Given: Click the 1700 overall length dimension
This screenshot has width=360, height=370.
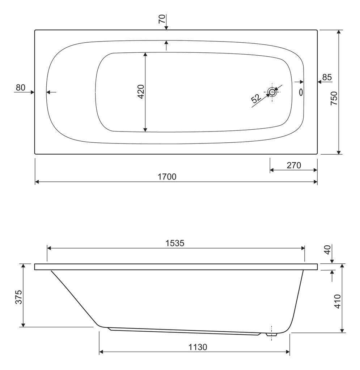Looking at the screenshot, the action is [167, 177].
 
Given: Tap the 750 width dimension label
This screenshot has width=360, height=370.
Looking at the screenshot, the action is [334, 98].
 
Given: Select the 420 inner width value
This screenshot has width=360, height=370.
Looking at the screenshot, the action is [141, 91].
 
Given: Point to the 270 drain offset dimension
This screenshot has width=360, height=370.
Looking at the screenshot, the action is [294, 165].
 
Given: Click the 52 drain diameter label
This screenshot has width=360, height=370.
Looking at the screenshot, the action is [256, 98].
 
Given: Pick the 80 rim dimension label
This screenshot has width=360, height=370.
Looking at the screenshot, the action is [21, 87].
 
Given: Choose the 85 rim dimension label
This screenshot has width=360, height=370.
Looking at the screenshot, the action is [327, 77].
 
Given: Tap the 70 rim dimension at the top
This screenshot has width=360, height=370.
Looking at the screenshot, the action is [162, 19].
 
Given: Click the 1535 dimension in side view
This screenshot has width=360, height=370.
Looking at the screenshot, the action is [175, 243].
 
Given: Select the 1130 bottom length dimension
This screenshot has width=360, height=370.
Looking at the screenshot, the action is [198, 347].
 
